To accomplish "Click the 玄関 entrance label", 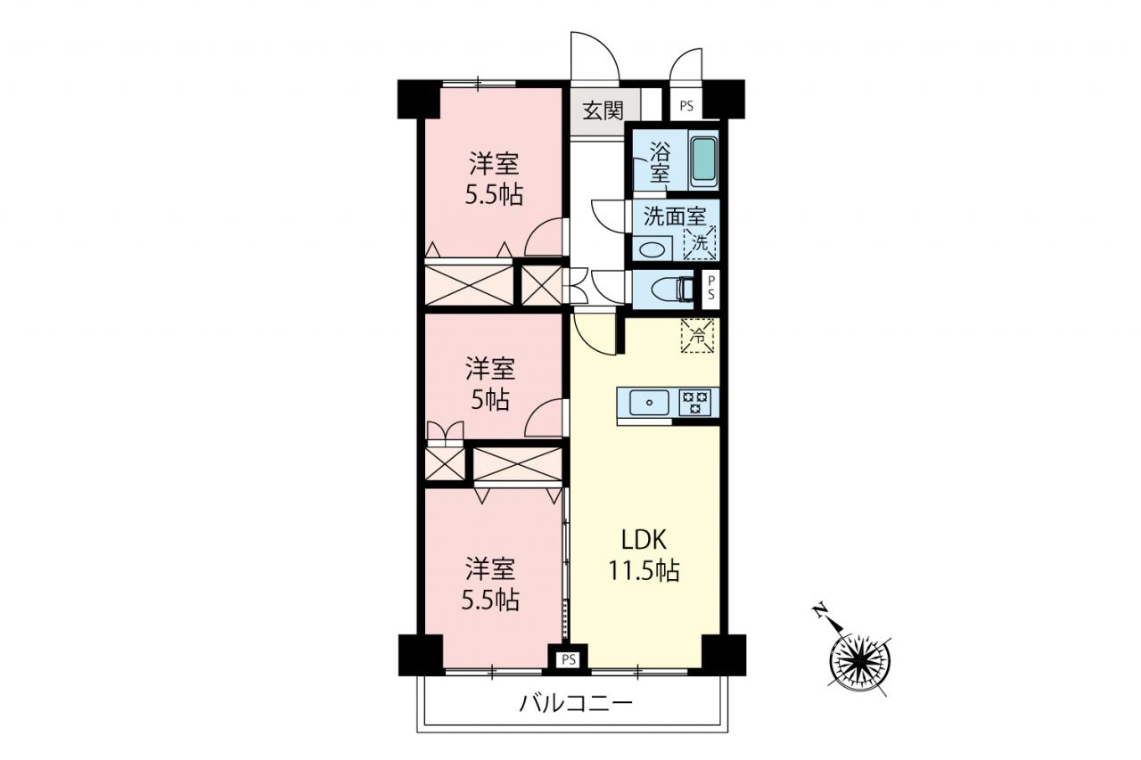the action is pyautogui.click(x=603, y=110).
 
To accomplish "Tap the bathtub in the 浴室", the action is pyautogui.click(x=704, y=159).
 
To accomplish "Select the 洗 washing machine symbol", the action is pyautogui.click(x=700, y=243).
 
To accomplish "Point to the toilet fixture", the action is pyautogui.click(x=671, y=290).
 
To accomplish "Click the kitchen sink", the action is pyautogui.click(x=650, y=403).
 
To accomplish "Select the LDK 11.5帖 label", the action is pyautogui.click(x=644, y=555).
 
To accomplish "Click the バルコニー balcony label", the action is pyautogui.click(x=576, y=704).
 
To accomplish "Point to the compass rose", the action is pyautogui.click(x=860, y=663).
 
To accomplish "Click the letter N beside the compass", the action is pyautogui.click(x=819, y=611).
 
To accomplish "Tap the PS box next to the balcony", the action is pyautogui.click(x=569, y=659).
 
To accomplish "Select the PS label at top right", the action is pyautogui.click(x=686, y=107).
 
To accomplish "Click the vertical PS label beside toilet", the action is pyautogui.click(x=711, y=288).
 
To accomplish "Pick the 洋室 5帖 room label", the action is pyautogui.click(x=490, y=383).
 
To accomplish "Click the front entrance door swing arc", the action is pyautogui.click(x=601, y=45).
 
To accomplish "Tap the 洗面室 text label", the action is pyautogui.click(x=675, y=217).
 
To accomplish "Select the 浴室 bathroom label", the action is pyautogui.click(x=660, y=162).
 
